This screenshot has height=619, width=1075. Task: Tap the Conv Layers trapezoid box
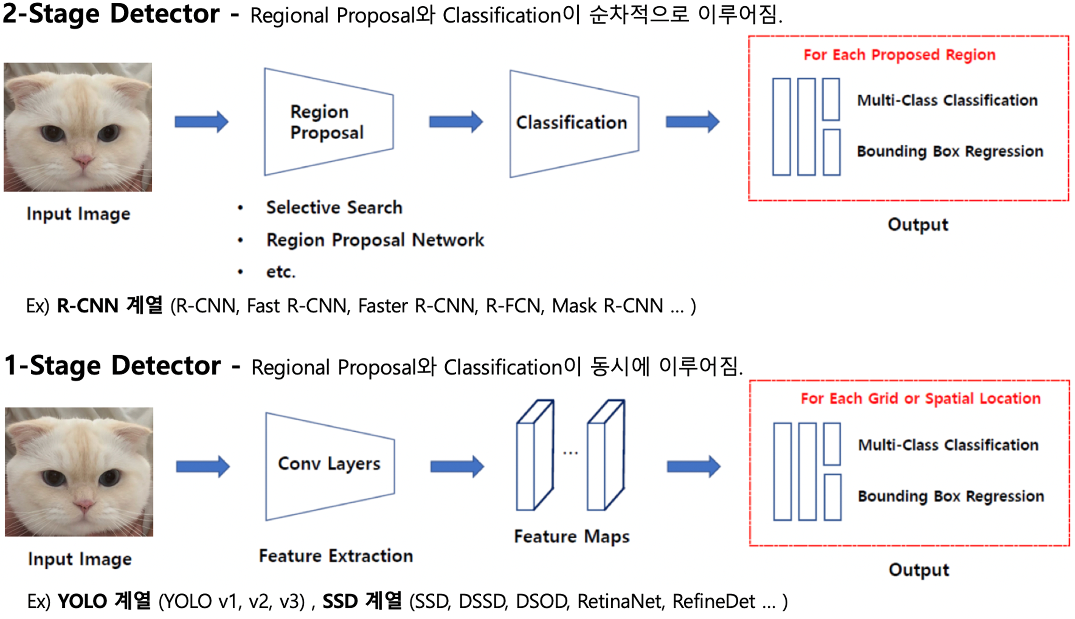pos(330,466)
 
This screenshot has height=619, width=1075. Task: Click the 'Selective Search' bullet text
pos(334,208)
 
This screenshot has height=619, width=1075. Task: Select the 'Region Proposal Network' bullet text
pos(374,240)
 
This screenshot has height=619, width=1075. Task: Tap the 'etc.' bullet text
pos(280,272)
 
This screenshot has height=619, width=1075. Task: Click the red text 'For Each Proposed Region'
pos(899,55)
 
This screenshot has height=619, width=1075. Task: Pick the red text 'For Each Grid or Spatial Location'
pos(920,399)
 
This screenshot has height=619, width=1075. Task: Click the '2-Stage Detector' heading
pos(111,14)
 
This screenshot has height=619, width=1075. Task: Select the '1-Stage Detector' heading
pos(112,366)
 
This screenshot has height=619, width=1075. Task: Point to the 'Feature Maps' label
pos(571,536)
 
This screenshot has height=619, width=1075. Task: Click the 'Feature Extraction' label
pos(335,556)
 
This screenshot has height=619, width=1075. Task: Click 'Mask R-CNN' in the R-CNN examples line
pos(608,306)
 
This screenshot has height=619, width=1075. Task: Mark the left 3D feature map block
pos(534,455)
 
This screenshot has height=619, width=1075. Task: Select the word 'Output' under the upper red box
pos(917,224)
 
